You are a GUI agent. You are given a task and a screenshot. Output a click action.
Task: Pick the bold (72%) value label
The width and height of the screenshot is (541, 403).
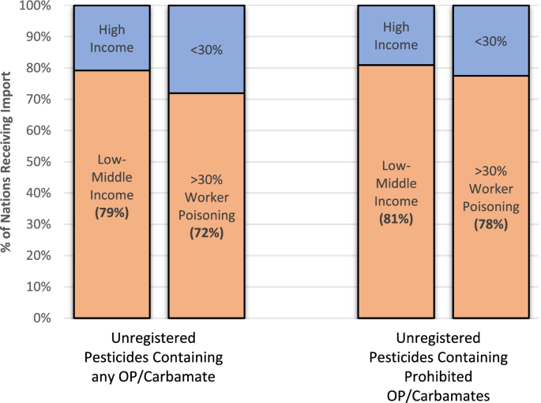[207, 232]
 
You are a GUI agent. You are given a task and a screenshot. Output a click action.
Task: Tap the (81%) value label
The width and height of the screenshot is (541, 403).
[396, 219]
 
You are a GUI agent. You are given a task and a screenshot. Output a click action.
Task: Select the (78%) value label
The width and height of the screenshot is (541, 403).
[491, 224]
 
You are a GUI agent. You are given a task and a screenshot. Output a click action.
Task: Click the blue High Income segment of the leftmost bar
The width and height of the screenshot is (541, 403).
[111, 37]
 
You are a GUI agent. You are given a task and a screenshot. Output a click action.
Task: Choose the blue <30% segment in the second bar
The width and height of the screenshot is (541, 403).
[207, 49]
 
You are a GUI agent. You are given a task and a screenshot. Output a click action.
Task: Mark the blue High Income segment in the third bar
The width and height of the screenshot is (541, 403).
[396, 36]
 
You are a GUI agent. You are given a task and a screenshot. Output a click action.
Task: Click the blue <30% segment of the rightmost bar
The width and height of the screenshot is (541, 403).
[491, 40]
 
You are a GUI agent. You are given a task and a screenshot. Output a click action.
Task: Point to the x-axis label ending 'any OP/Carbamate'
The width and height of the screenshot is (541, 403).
[153, 356]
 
